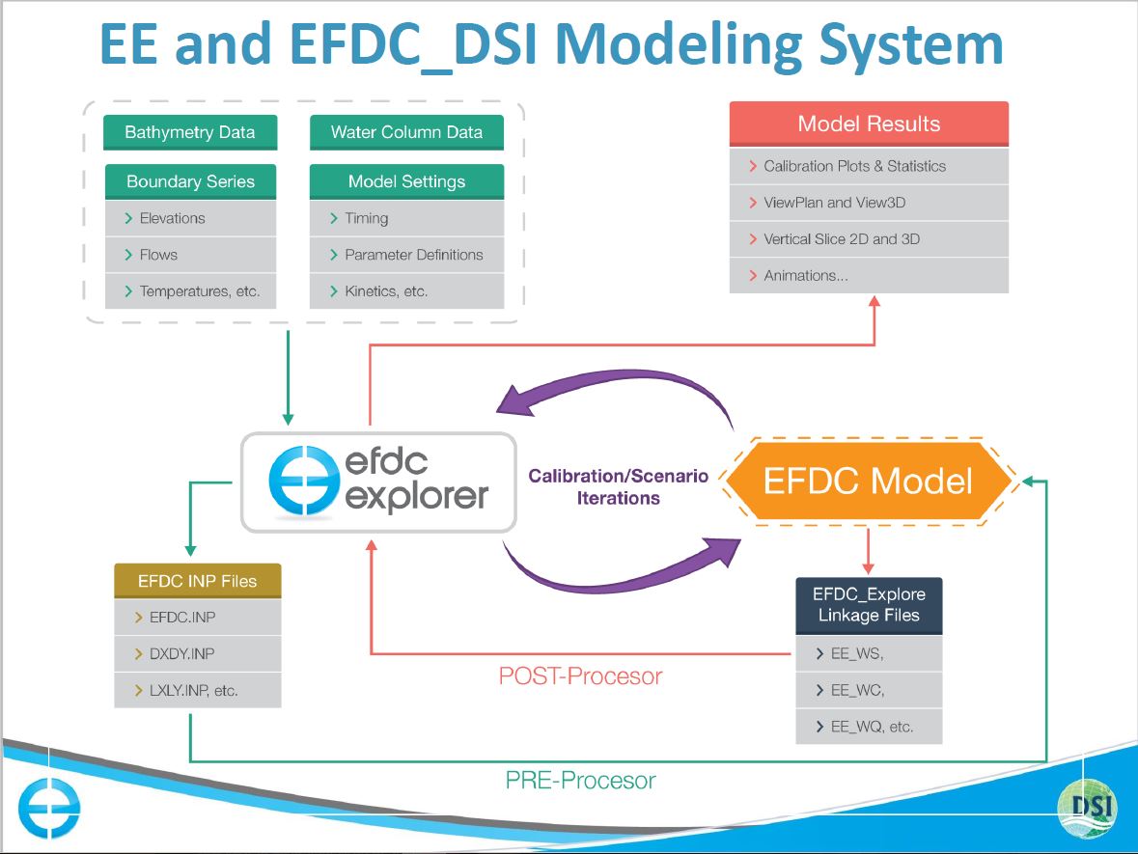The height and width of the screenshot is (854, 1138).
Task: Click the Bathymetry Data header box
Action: point(190,132)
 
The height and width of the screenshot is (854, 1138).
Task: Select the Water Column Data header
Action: point(406,132)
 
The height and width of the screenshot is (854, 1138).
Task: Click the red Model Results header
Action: point(869,124)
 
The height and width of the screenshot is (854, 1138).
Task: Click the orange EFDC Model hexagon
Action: point(869,481)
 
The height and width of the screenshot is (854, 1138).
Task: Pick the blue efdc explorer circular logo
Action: point(301,482)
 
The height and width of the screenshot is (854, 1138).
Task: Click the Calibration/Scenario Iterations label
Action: point(619,487)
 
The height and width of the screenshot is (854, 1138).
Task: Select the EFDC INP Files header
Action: point(198,581)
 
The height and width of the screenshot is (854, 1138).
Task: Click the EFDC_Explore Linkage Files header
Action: point(869,605)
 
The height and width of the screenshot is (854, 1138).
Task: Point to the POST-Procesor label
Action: point(581,676)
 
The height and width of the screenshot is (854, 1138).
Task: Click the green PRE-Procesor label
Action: point(581,780)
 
